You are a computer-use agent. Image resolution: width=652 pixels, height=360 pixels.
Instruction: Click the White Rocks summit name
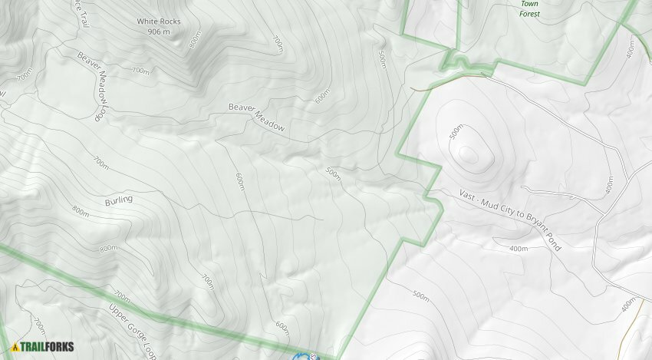[x=159, y=21]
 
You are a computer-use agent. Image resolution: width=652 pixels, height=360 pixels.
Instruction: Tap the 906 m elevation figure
[x=159, y=31]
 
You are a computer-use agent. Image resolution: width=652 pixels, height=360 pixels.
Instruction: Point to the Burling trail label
[x=118, y=200]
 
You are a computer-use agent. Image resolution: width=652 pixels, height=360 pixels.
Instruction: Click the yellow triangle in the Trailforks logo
[x=15, y=347]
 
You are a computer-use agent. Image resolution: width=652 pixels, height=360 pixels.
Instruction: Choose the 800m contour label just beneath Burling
[x=108, y=248]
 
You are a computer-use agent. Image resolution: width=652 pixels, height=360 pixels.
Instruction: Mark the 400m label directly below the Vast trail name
[x=519, y=249]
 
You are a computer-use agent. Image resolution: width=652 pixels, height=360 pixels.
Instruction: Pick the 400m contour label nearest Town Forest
[x=631, y=49]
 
